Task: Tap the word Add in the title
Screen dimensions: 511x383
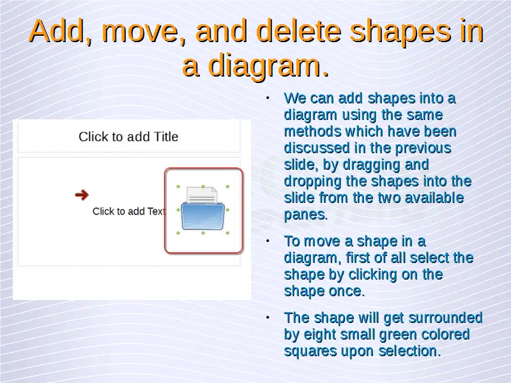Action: click(57, 31)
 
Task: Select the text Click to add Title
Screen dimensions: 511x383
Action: click(128, 137)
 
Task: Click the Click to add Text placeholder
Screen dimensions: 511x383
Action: click(129, 211)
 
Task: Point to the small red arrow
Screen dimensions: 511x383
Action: click(82, 195)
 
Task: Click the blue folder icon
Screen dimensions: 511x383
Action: click(203, 216)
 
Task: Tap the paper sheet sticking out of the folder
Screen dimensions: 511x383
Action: click(202, 195)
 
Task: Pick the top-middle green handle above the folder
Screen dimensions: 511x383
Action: click(203, 186)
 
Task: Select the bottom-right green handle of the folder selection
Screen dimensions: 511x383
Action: click(227, 233)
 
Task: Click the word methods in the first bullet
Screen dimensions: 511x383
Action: click(313, 131)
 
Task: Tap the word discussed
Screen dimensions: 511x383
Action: click(317, 148)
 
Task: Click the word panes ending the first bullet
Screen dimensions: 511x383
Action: click(306, 215)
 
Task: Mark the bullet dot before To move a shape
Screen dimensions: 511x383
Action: click(268, 241)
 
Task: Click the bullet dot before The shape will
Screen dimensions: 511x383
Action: click(268, 317)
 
